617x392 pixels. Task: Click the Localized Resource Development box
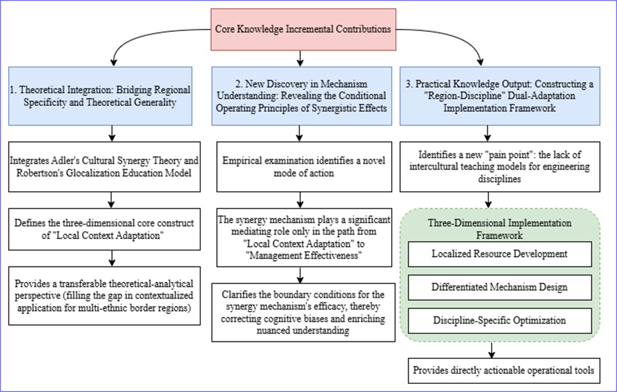pos(499,254)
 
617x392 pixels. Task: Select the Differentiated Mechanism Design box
pos(499,287)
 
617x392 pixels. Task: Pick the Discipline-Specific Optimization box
pos(499,320)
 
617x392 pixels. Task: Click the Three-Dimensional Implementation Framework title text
pos(499,229)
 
